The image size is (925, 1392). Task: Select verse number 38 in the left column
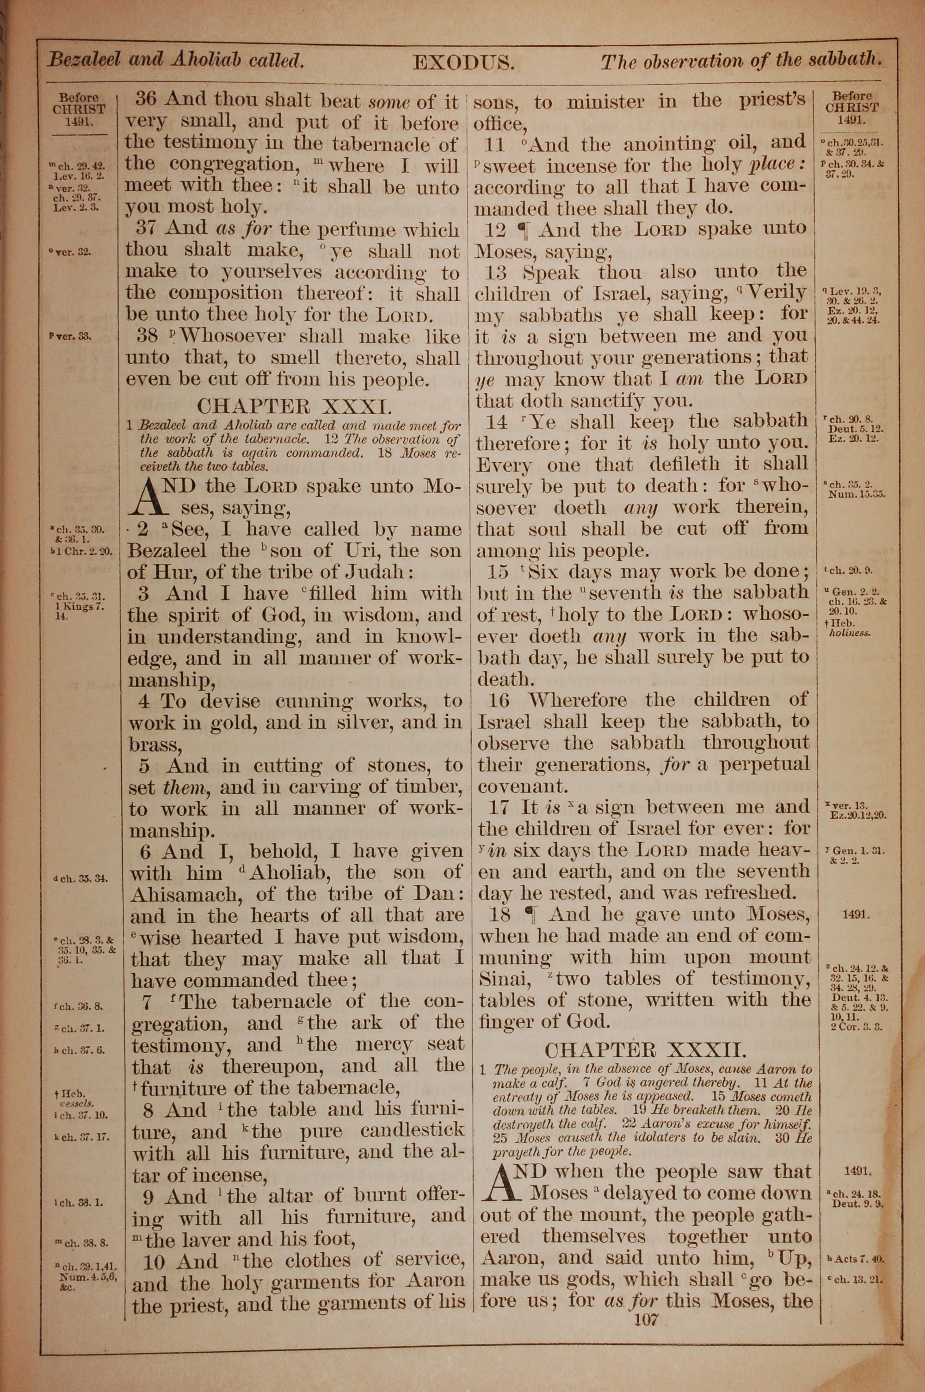click(x=148, y=336)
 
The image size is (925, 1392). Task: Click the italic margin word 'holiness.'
click(x=850, y=634)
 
